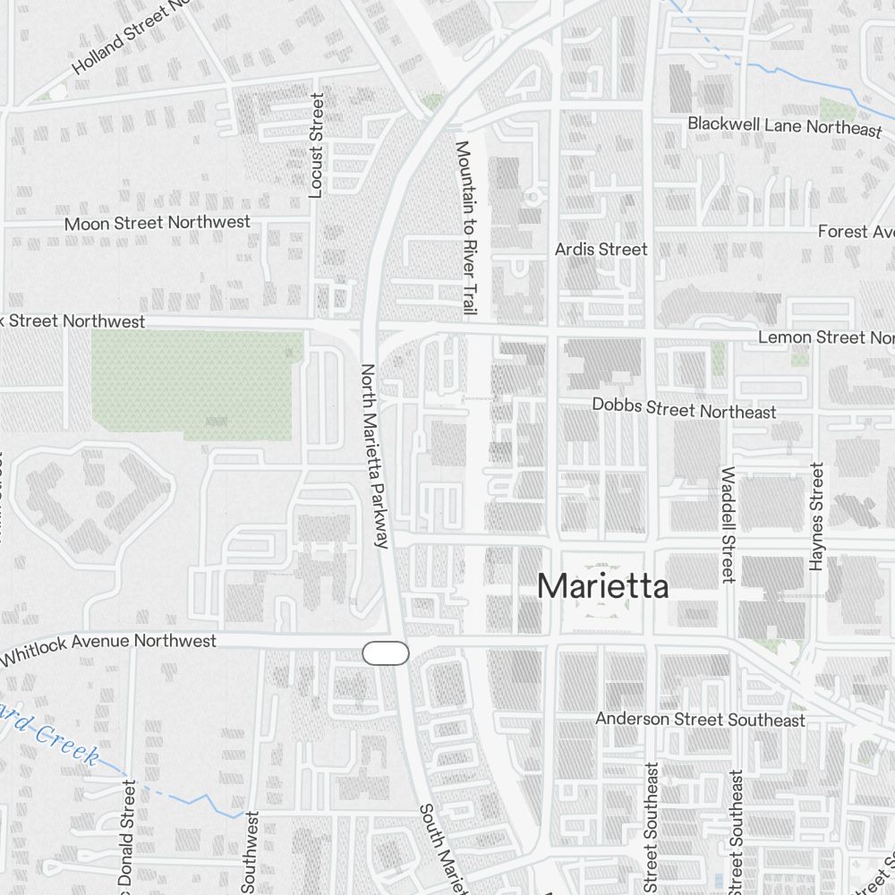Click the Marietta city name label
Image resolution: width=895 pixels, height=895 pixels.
[602, 586]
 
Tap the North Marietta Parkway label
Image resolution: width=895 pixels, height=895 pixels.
[373, 456]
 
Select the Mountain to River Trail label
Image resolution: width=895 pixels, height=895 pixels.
[464, 228]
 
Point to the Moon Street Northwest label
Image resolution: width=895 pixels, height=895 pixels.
[158, 222]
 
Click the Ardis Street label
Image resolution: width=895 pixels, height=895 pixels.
[601, 249]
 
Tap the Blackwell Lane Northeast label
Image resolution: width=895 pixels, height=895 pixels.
[784, 126]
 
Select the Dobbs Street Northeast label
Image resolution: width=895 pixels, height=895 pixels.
[684, 408]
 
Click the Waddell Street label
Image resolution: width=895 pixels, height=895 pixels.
[728, 524]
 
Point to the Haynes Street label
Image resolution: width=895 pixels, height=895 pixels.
[815, 516]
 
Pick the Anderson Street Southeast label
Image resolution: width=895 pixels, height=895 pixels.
[700, 720]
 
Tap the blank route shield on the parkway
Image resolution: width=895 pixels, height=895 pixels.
[386, 653]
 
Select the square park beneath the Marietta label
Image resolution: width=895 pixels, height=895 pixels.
[601, 609]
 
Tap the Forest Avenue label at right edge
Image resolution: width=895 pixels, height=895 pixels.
[855, 232]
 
